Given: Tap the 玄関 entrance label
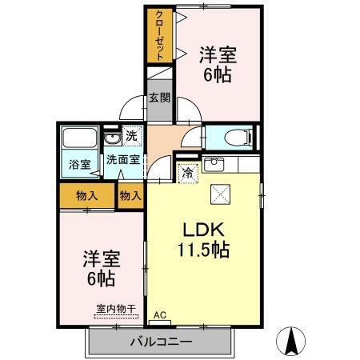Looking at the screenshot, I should click(158, 98).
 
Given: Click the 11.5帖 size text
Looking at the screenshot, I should click(203, 250).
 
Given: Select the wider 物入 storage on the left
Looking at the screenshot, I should click(86, 194).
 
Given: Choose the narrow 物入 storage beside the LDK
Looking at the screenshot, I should click(130, 194).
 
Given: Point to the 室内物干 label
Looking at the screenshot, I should click(116, 308).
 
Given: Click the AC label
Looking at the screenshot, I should click(158, 315).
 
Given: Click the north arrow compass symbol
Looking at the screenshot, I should click(293, 342).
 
